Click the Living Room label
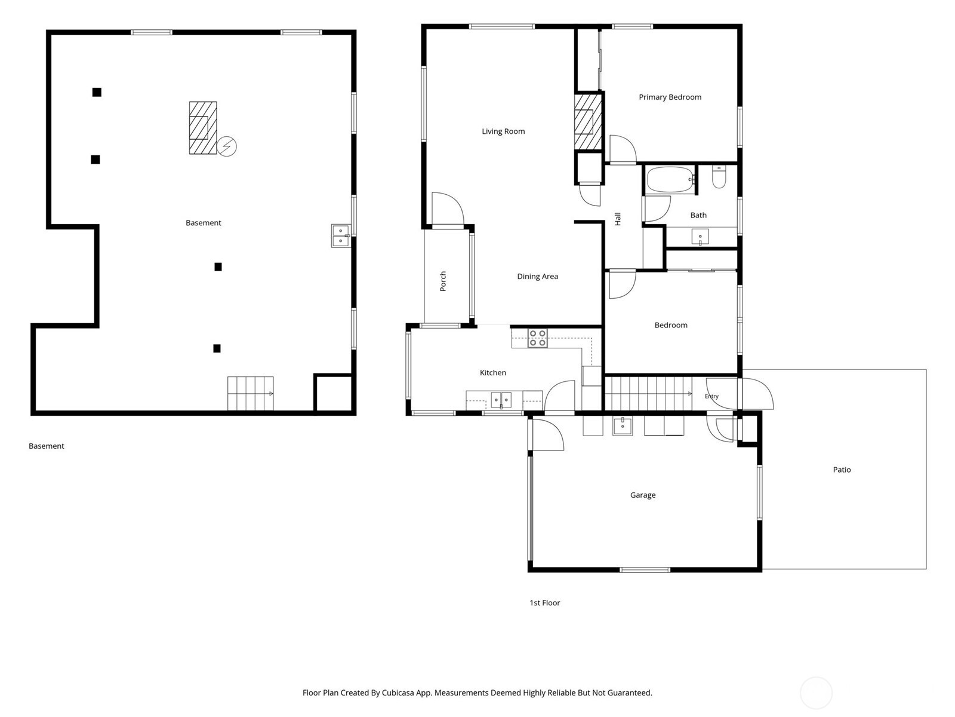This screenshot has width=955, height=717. point(503,131)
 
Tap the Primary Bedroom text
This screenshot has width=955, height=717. point(670,97)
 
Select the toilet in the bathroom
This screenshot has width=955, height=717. point(719,177)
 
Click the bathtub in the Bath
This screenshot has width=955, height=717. point(670,179)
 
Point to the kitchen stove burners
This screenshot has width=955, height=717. point(537,338)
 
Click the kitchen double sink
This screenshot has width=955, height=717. point(501,400)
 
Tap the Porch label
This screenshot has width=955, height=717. point(443,281)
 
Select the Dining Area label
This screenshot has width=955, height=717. point(537,277)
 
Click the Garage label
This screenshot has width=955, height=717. point(643,495)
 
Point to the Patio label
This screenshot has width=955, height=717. point(842,469)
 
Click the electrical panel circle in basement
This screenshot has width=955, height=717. point(227,146)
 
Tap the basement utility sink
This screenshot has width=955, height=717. point(341,235)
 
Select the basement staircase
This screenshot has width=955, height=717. point(251,394)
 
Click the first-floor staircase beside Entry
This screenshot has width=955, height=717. point(648,394)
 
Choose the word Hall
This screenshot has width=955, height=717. point(617,219)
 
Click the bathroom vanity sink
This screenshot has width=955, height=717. point(700,237)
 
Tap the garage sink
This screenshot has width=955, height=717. point(623,426)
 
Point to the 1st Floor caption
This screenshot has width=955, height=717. point(545,602)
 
